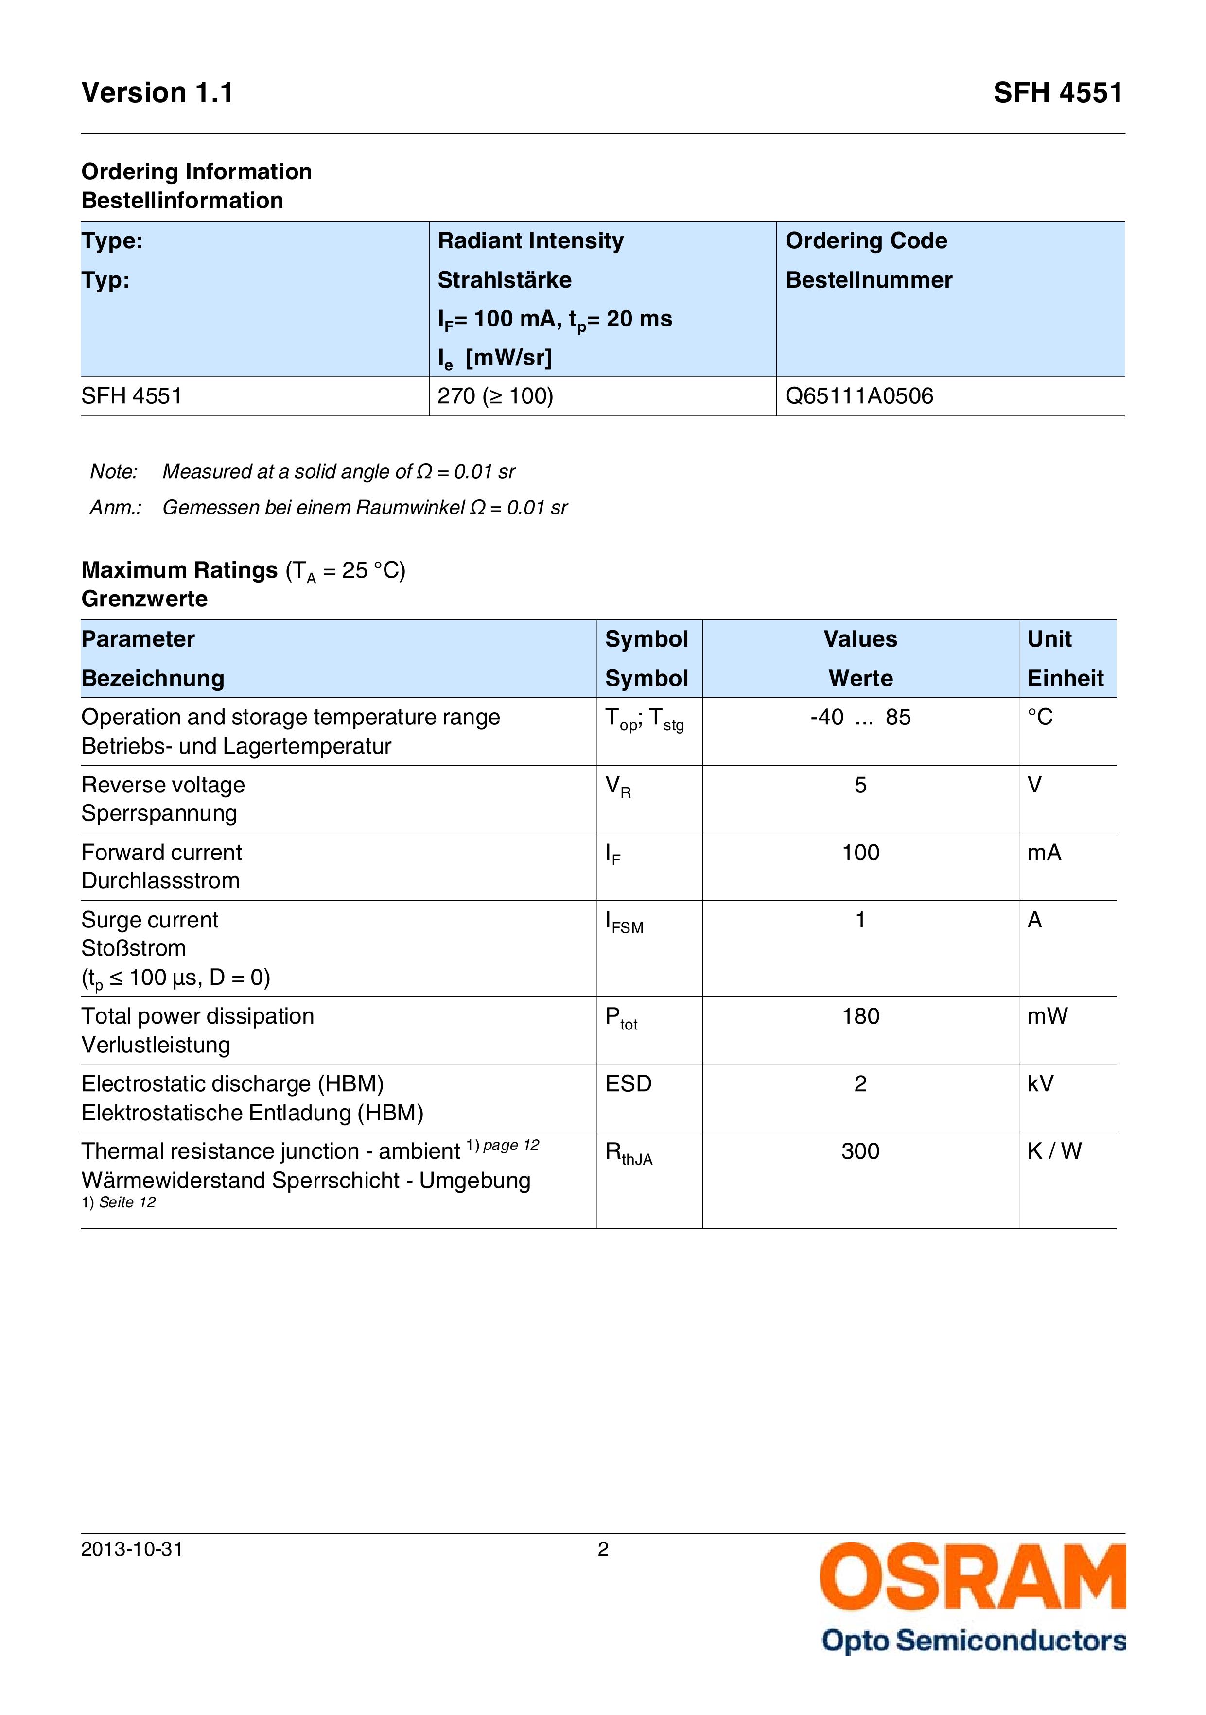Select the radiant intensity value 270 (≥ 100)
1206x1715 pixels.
click(x=495, y=396)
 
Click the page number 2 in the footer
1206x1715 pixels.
click(x=603, y=1549)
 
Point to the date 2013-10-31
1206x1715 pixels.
click(x=132, y=1549)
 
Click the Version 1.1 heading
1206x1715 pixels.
click(x=157, y=93)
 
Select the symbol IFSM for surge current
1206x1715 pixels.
click(x=624, y=922)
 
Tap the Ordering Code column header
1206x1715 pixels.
click(x=866, y=240)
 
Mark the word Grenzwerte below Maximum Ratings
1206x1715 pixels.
click(x=144, y=599)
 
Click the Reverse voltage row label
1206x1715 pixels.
click(x=163, y=785)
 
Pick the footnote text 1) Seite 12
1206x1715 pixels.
click(x=119, y=1202)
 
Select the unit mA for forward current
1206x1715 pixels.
click(x=1044, y=852)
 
